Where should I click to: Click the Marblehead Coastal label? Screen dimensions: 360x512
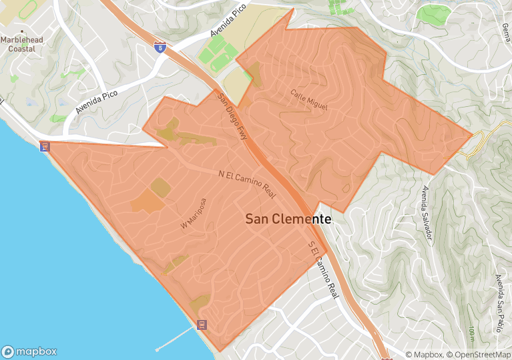coord(23,43)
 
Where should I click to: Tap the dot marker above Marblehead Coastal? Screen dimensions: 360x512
coord(22,31)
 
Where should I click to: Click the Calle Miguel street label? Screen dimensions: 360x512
coord(310,101)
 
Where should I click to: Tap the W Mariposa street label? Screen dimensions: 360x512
coord(194,214)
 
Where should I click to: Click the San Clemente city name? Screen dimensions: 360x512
coord(288,218)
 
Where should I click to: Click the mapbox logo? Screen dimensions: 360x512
coord(29,351)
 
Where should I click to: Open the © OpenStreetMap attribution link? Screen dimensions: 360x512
coord(479,355)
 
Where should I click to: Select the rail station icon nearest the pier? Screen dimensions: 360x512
coord(202,325)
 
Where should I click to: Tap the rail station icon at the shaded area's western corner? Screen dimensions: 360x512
coord(45,146)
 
